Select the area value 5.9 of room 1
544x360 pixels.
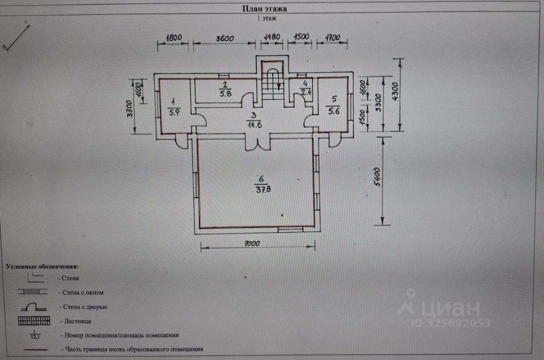(x=174, y=113)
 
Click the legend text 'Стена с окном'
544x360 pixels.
(x=83, y=292)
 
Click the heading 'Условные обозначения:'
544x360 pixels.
(x=42, y=266)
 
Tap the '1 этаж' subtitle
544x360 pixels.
(x=266, y=18)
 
